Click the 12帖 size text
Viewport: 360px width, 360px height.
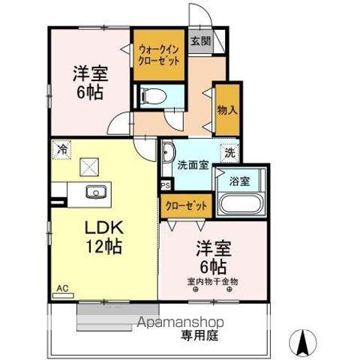pyautogui.click(x=104, y=245)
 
